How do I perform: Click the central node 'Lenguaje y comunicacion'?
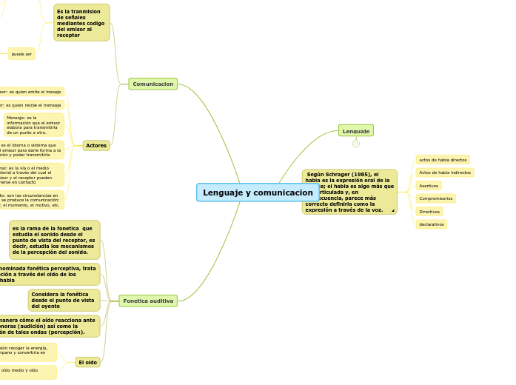pos(258,192)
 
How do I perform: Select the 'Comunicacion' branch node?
pos(153,84)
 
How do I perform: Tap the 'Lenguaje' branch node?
pos(356,131)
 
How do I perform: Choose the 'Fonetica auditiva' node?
pos(148,301)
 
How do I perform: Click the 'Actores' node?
pos(96,146)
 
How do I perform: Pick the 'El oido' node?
pos(87,362)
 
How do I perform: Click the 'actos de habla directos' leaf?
pos(443,160)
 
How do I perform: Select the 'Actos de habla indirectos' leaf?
pos(445,173)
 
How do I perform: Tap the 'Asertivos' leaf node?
pos(429,186)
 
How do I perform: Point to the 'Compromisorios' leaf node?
pos(435,198)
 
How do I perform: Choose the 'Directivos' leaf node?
pos(429,211)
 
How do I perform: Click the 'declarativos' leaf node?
pos(431,224)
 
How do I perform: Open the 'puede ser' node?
pos(21,54)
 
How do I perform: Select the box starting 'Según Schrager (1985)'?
pos(349,192)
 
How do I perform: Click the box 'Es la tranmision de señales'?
pos(81,23)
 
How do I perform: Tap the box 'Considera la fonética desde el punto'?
pos(64,300)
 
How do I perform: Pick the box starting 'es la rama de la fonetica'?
pos(54,240)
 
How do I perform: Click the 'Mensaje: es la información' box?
pos(33,124)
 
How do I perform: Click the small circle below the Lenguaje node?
pos(356,144)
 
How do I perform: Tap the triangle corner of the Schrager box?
pos(392,211)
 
